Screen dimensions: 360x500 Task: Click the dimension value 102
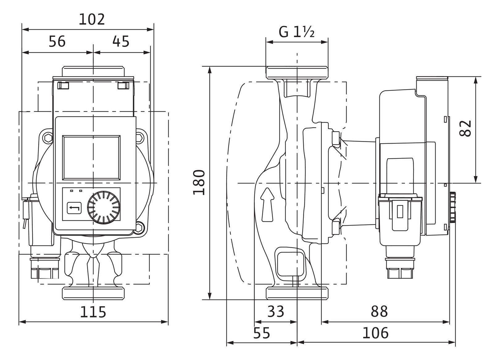point(92,20)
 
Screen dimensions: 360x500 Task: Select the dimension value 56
point(57,42)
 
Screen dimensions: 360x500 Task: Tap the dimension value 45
point(121,42)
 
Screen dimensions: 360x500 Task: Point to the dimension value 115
point(93,312)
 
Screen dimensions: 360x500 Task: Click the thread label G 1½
point(297,32)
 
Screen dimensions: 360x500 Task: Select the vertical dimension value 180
point(199,182)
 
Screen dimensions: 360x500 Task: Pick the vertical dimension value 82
point(466,128)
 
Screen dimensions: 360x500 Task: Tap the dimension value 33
point(275,312)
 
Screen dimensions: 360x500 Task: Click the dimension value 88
point(379,312)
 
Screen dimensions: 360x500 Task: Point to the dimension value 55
point(262,333)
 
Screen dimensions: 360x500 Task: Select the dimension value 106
point(375,333)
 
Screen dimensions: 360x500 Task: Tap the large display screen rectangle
point(92,157)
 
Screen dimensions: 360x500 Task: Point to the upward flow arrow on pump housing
point(267,204)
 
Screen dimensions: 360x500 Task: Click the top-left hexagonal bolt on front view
point(48,138)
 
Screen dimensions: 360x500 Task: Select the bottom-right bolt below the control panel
point(140,228)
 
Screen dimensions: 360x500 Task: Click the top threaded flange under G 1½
point(297,73)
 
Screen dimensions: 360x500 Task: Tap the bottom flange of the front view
point(93,293)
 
